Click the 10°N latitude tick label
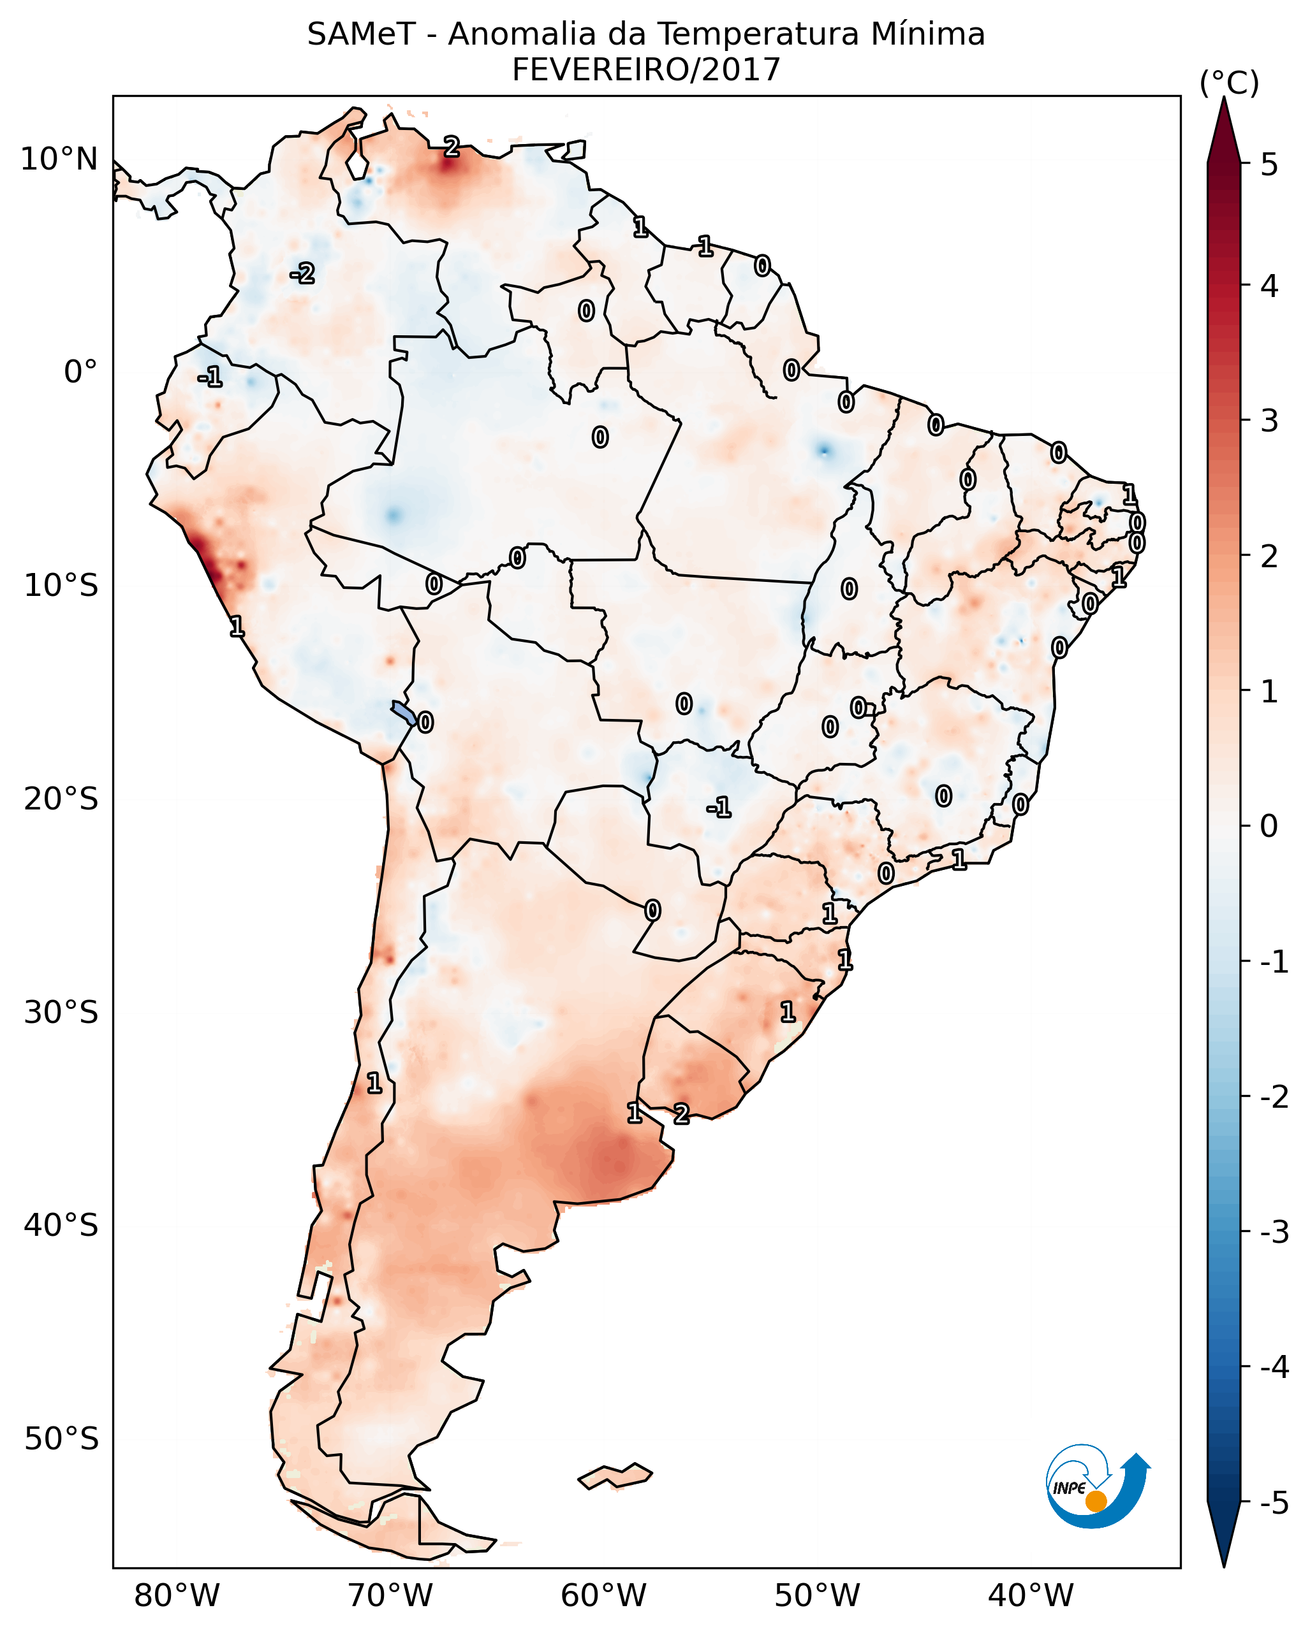click(x=59, y=159)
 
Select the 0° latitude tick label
click(x=80, y=372)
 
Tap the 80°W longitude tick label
click(x=176, y=1595)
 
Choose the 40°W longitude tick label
click(x=1030, y=1595)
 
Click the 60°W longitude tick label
click(x=603, y=1595)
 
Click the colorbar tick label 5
click(x=1269, y=164)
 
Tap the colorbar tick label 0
click(x=1269, y=825)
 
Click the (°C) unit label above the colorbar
click(x=1229, y=83)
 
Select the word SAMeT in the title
click(x=360, y=35)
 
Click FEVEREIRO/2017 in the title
click(x=645, y=70)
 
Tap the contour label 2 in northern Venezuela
click(x=451, y=147)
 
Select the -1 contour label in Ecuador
click(x=210, y=376)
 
